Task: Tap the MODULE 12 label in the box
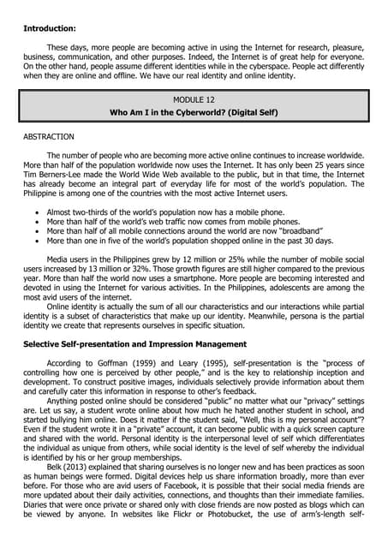194,98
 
